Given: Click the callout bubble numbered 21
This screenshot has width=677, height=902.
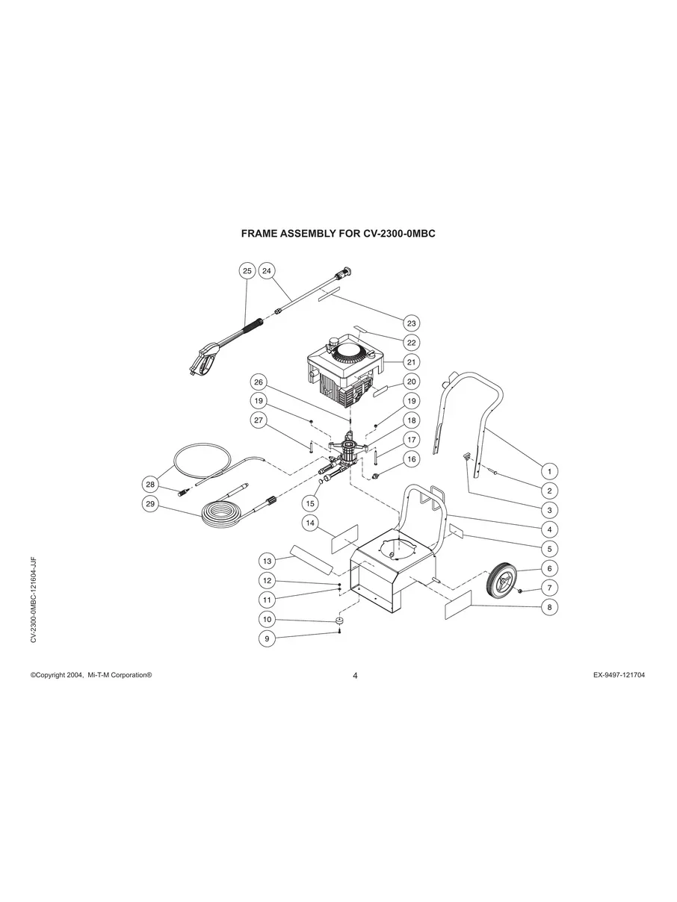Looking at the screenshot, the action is pyautogui.click(x=412, y=362).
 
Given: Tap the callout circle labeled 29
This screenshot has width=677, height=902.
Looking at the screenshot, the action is pyautogui.click(x=150, y=504).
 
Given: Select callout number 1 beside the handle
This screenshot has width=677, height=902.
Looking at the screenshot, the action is pyautogui.click(x=549, y=471).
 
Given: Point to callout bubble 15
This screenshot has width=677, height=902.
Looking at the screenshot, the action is pyautogui.click(x=310, y=503).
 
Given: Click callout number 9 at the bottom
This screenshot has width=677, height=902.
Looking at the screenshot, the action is pyautogui.click(x=268, y=638).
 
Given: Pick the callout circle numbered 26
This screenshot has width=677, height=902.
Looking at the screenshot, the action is pyautogui.click(x=258, y=382).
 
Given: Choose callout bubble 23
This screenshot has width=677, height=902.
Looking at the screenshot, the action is pyautogui.click(x=412, y=323).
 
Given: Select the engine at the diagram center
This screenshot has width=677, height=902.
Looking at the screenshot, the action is pyautogui.click(x=347, y=370).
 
